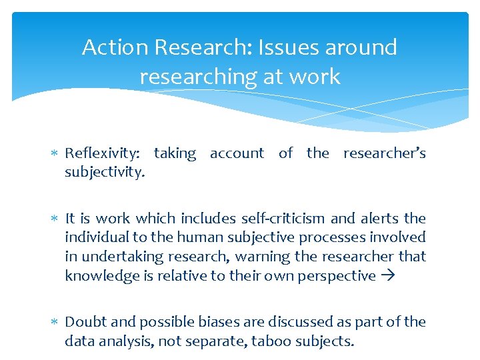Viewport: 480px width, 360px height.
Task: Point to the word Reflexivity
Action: (x=102, y=154)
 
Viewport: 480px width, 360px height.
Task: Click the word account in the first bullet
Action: (x=237, y=153)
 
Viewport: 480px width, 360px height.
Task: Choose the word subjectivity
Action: (x=104, y=173)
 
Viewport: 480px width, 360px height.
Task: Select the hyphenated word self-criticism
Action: (x=279, y=218)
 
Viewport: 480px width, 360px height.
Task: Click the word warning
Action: (x=271, y=257)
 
